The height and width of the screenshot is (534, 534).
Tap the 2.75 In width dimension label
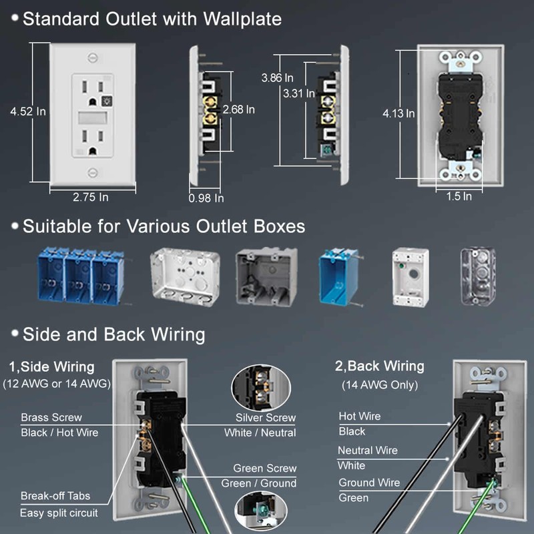coord(90,197)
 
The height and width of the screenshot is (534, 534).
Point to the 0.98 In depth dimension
coord(206,198)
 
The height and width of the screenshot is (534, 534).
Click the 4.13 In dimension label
coord(398,113)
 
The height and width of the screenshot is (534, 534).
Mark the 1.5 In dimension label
coord(459,196)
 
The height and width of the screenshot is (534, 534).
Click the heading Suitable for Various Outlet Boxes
coord(164,226)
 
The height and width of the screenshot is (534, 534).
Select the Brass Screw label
coord(48,417)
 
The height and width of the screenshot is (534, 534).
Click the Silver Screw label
coord(265,418)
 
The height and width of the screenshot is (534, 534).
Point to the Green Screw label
coord(264,469)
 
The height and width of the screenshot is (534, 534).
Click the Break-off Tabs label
coord(55,497)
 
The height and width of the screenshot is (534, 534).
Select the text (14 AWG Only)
coord(380,385)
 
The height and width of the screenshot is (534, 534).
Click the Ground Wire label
coord(369,483)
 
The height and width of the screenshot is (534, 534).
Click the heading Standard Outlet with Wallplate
coord(152,19)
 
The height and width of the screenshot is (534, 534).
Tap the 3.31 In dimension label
coord(298,93)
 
